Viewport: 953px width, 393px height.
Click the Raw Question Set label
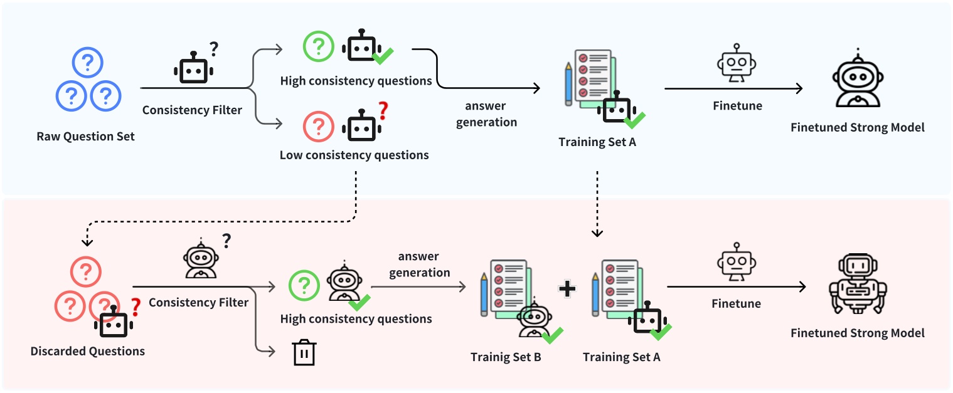(x=85, y=137)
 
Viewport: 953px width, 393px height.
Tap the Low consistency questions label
(x=354, y=155)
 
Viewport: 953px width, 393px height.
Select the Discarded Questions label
(x=87, y=351)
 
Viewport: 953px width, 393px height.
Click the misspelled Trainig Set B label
(x=506, y=357)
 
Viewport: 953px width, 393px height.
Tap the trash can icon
(x=304, y=352)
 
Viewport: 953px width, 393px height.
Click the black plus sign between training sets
(x=567, y=288)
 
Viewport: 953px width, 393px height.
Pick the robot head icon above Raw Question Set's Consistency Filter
(x=193, y=68)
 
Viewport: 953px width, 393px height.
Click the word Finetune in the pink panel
(x=736, y=304)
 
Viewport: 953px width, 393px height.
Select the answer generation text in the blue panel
(x=486, y=114)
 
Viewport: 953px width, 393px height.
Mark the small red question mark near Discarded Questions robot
(x=134, y=307)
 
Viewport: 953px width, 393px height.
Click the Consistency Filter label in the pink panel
(x=198, y=303)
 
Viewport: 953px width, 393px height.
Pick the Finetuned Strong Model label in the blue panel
(x=857, y=128)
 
